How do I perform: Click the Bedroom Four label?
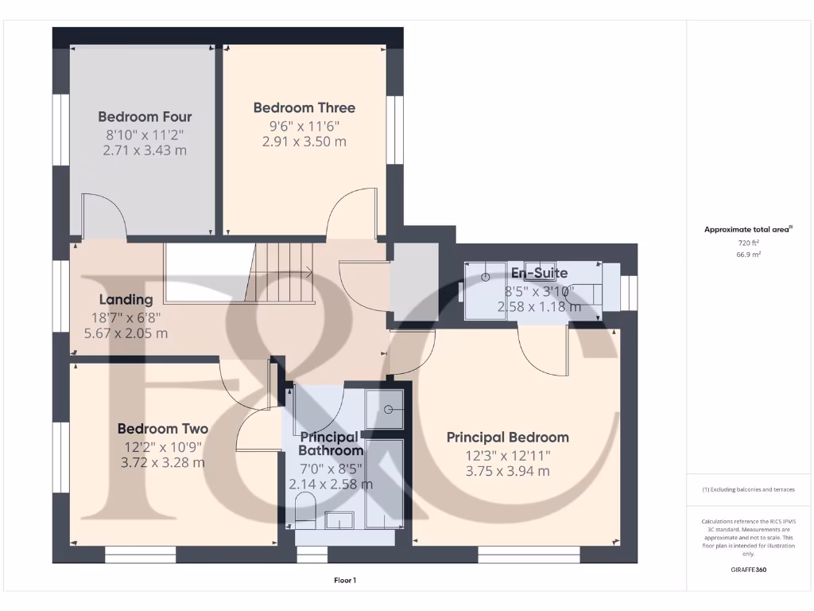pyautogui.click(x=145, y=116)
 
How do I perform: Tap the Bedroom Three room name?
pyautogui.click(x=304, y=107)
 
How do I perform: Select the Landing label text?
pyautogui.click(x=126, y=300)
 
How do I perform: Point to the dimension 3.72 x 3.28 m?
pyautogui.click(x=162, y=462)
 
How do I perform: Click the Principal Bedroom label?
pyautogui.click(x=507, y=437)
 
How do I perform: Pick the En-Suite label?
pyautogui.click(x=539, y=273)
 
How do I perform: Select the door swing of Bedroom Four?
pyautogui.click(x=103, y=215)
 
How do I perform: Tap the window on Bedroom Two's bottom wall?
pyautogui.click(x=140, y=555)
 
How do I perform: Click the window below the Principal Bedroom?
pyautogui.click(x=529, y=555)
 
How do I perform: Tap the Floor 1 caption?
pyautogui.click(x=345, y=581)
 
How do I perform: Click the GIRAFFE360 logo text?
pyautogui.click(x=748, y=570)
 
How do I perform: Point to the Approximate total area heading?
pyautogui.click(x=747, y=229)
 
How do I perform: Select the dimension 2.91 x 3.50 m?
pyautogui.click(x=304, y=142)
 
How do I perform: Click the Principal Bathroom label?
pyautogui.click(x=330, y=444)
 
